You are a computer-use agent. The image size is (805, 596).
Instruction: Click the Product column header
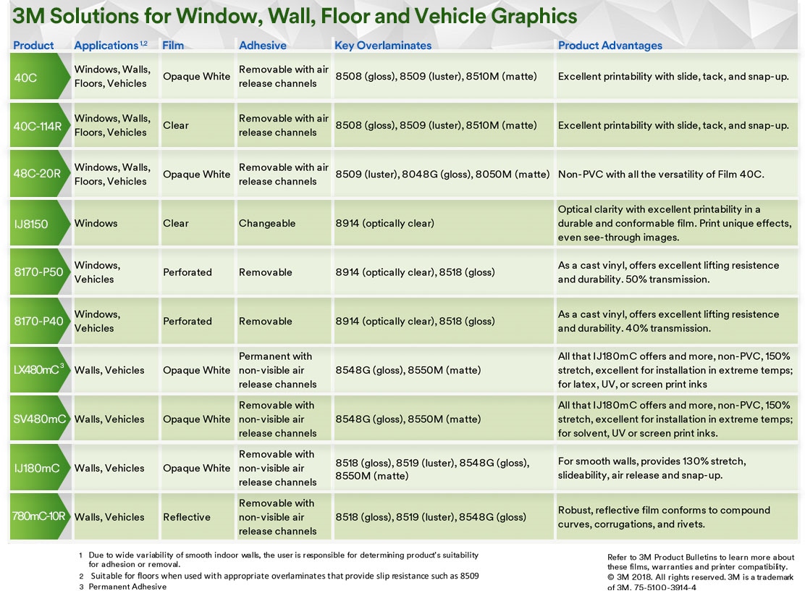click(33, 46)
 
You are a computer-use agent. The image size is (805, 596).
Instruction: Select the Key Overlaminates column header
click(382, 46)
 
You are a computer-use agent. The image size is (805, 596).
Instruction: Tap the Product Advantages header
click(610, 46)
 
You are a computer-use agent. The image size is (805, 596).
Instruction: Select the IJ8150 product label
click(31, 224)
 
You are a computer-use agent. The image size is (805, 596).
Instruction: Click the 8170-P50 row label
click(38, 272)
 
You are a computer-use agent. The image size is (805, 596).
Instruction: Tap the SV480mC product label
click(40, 419)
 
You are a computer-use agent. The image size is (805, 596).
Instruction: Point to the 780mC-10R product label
click(39, 517)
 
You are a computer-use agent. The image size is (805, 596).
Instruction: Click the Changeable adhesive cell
click(267, 224)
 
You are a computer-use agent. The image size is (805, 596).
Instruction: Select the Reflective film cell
click(187, 517)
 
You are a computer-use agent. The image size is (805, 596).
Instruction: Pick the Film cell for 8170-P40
click(187, 322)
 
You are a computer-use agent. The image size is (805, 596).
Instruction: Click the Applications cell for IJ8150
click(96, 224)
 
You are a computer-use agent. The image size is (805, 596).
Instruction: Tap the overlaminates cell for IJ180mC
click(432, 469)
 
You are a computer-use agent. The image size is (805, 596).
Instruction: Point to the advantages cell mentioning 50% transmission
click(668, 272)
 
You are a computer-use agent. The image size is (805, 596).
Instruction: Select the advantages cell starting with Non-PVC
click(661, 175)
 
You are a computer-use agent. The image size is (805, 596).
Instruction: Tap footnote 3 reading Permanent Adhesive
click(127, 587)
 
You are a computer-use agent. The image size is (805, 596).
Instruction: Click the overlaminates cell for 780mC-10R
click(431, 517)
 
